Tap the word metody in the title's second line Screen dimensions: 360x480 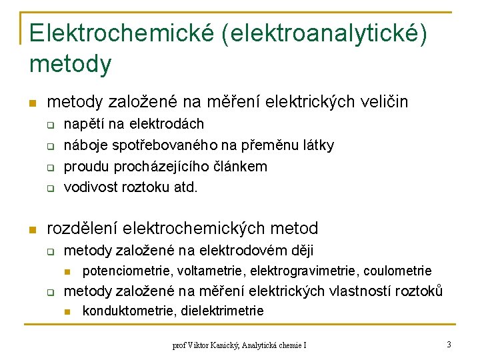point(71,64)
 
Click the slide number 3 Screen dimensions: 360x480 point(449,345)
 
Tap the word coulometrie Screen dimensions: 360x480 point(398,271)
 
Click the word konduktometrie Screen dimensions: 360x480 point(125,311)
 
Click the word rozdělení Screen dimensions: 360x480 point(87,229)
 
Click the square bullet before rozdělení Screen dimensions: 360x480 point(31,230)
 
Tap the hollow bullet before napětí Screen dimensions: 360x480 point(49,125)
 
